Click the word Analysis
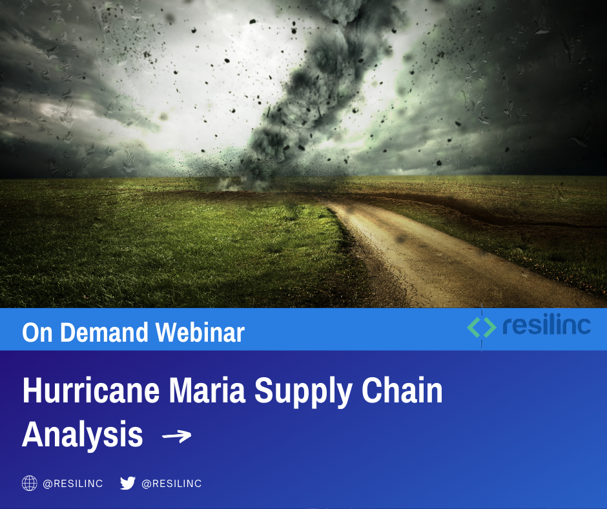(83, 435)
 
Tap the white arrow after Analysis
(176, 437)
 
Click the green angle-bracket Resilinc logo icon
(482, 327)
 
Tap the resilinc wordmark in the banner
(546, 326)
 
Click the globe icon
(30, 483)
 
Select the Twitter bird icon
(128, 483)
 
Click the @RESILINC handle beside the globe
(73, 484)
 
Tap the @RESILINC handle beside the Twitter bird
(172, 484)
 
